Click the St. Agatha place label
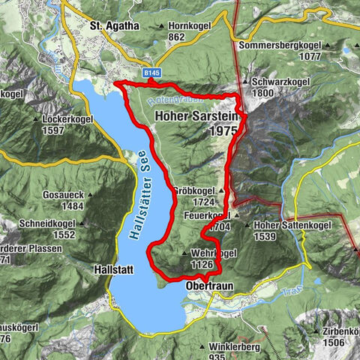tap(115, 25)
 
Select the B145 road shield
tap(152, 73)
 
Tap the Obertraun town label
tap(207, 286)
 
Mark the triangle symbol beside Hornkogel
tap(160, 26)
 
